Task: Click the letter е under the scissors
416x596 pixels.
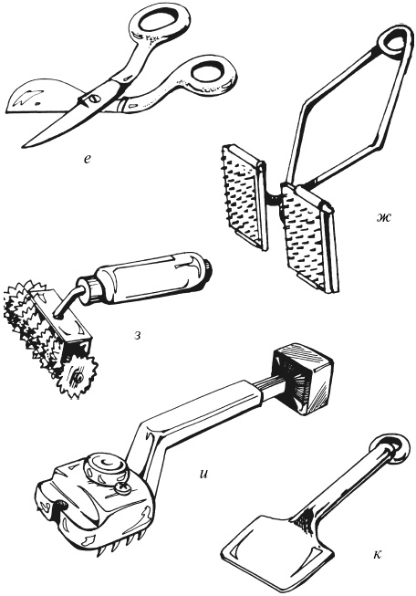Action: pyautogui.click(x=88, y=160)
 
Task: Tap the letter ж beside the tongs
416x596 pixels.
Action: pyautogui.click(x=382, y=218)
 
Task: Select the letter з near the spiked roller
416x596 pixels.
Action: pyautogui.click(x=138, y=336)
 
